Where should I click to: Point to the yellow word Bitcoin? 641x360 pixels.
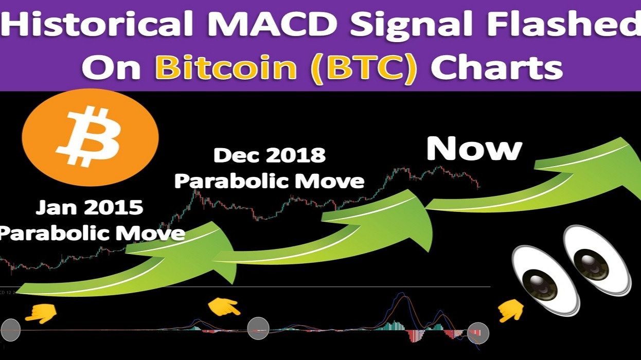coord(226,68)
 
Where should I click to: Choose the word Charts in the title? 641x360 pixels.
coord(496,68)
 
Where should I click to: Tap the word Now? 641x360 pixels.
coord(474,149)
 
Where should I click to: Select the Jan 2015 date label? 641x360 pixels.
coord(89,209)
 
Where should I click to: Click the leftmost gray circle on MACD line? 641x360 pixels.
coord(11,330)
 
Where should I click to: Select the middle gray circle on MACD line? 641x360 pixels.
coord(258,328)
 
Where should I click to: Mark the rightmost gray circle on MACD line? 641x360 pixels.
coord(478,333)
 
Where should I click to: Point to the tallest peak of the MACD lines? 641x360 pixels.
coord(401,295)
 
